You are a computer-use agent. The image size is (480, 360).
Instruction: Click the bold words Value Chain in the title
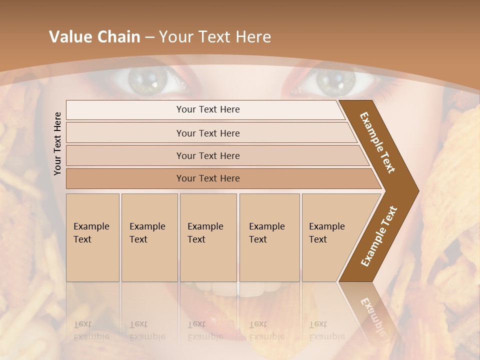94,37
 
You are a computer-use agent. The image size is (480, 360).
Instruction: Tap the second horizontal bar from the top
208,133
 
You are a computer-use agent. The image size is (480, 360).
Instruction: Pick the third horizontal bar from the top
208,155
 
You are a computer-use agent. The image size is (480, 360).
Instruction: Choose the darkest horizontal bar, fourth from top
208,178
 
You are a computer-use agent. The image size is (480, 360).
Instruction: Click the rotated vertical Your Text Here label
57,143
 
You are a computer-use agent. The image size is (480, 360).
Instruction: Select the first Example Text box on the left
92,237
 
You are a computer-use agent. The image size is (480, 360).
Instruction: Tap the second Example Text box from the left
149,237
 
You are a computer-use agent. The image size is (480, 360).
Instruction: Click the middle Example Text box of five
208,237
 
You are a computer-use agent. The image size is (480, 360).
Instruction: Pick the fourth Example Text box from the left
269,237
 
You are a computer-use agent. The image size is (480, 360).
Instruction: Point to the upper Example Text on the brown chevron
378,142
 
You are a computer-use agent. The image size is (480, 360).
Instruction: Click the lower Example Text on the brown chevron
378,236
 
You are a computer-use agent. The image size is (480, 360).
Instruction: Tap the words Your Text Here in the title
215,37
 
